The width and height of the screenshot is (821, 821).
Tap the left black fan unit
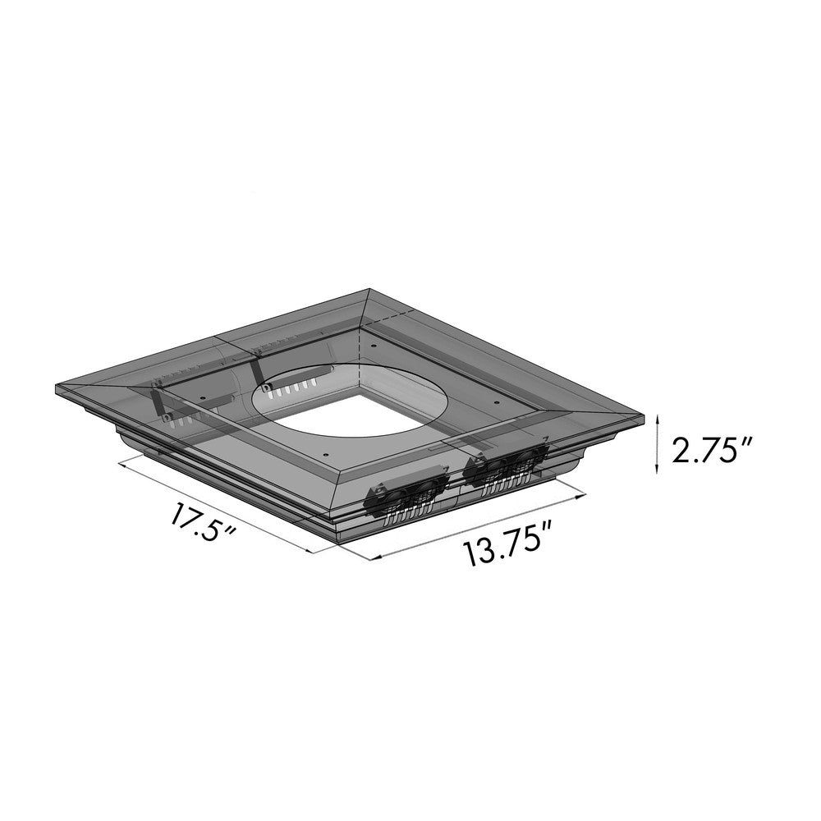click(406, 495)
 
